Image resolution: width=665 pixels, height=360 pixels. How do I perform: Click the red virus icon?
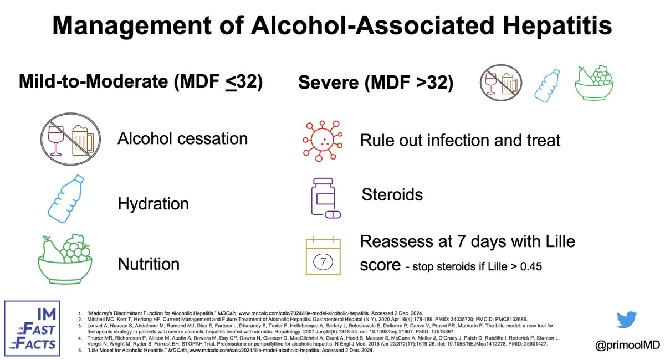point(321,139)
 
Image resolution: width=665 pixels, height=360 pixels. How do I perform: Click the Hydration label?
point(153,204)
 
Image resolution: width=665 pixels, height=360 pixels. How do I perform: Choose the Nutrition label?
point(149,264)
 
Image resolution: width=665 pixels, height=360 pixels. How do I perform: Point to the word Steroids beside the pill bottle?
point(392,194)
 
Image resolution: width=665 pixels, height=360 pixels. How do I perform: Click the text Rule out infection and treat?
point(460,140)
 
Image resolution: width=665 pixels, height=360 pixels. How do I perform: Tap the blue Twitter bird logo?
point(628,320)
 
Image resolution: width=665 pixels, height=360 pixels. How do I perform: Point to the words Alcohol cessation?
point(182,138)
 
